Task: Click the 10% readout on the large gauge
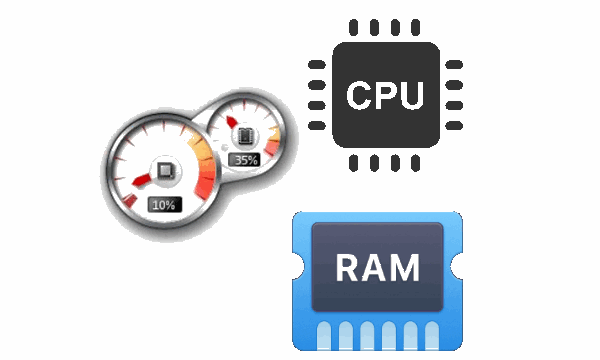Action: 163,204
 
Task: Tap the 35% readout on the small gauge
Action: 245,159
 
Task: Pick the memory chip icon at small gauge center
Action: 244,134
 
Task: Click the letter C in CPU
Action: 358,96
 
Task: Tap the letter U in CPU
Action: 412,96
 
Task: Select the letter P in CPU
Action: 385,96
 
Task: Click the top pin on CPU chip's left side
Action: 317,65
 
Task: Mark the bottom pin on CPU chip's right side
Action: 453,127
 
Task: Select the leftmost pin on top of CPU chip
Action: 354,28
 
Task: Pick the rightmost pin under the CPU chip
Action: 416,164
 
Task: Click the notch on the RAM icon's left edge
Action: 294,273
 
